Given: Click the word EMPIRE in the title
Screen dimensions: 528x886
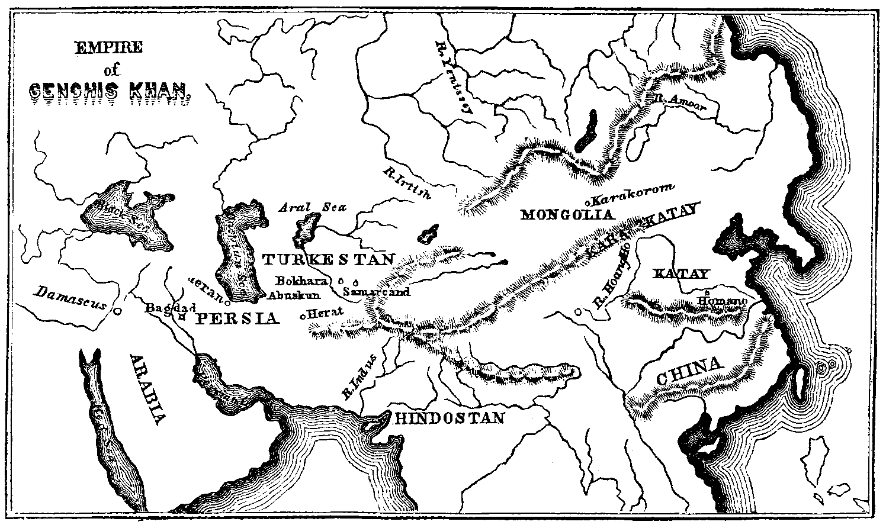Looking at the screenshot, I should (108, 47).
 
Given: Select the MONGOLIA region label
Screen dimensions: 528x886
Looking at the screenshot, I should (566, 214).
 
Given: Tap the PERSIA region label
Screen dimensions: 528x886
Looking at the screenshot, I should (237, 318).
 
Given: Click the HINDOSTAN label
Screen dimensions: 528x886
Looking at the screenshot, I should (449, 418).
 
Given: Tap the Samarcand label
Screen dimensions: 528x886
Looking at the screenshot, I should (376, 292).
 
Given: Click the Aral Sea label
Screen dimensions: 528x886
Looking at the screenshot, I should (312, 208).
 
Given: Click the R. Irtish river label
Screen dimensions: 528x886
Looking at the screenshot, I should (409, 183).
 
